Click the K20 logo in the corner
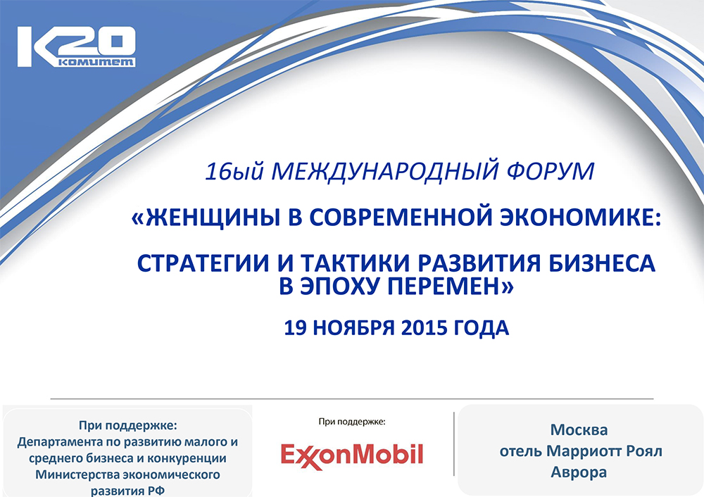[76, 46]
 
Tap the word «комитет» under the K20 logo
[96, 63]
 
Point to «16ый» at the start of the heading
[234, 172]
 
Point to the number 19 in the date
[294, 328]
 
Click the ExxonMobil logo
[352, 455]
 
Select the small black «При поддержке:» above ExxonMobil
[352, 422]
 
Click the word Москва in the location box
[579, 429]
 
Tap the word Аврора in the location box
[579, 472]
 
